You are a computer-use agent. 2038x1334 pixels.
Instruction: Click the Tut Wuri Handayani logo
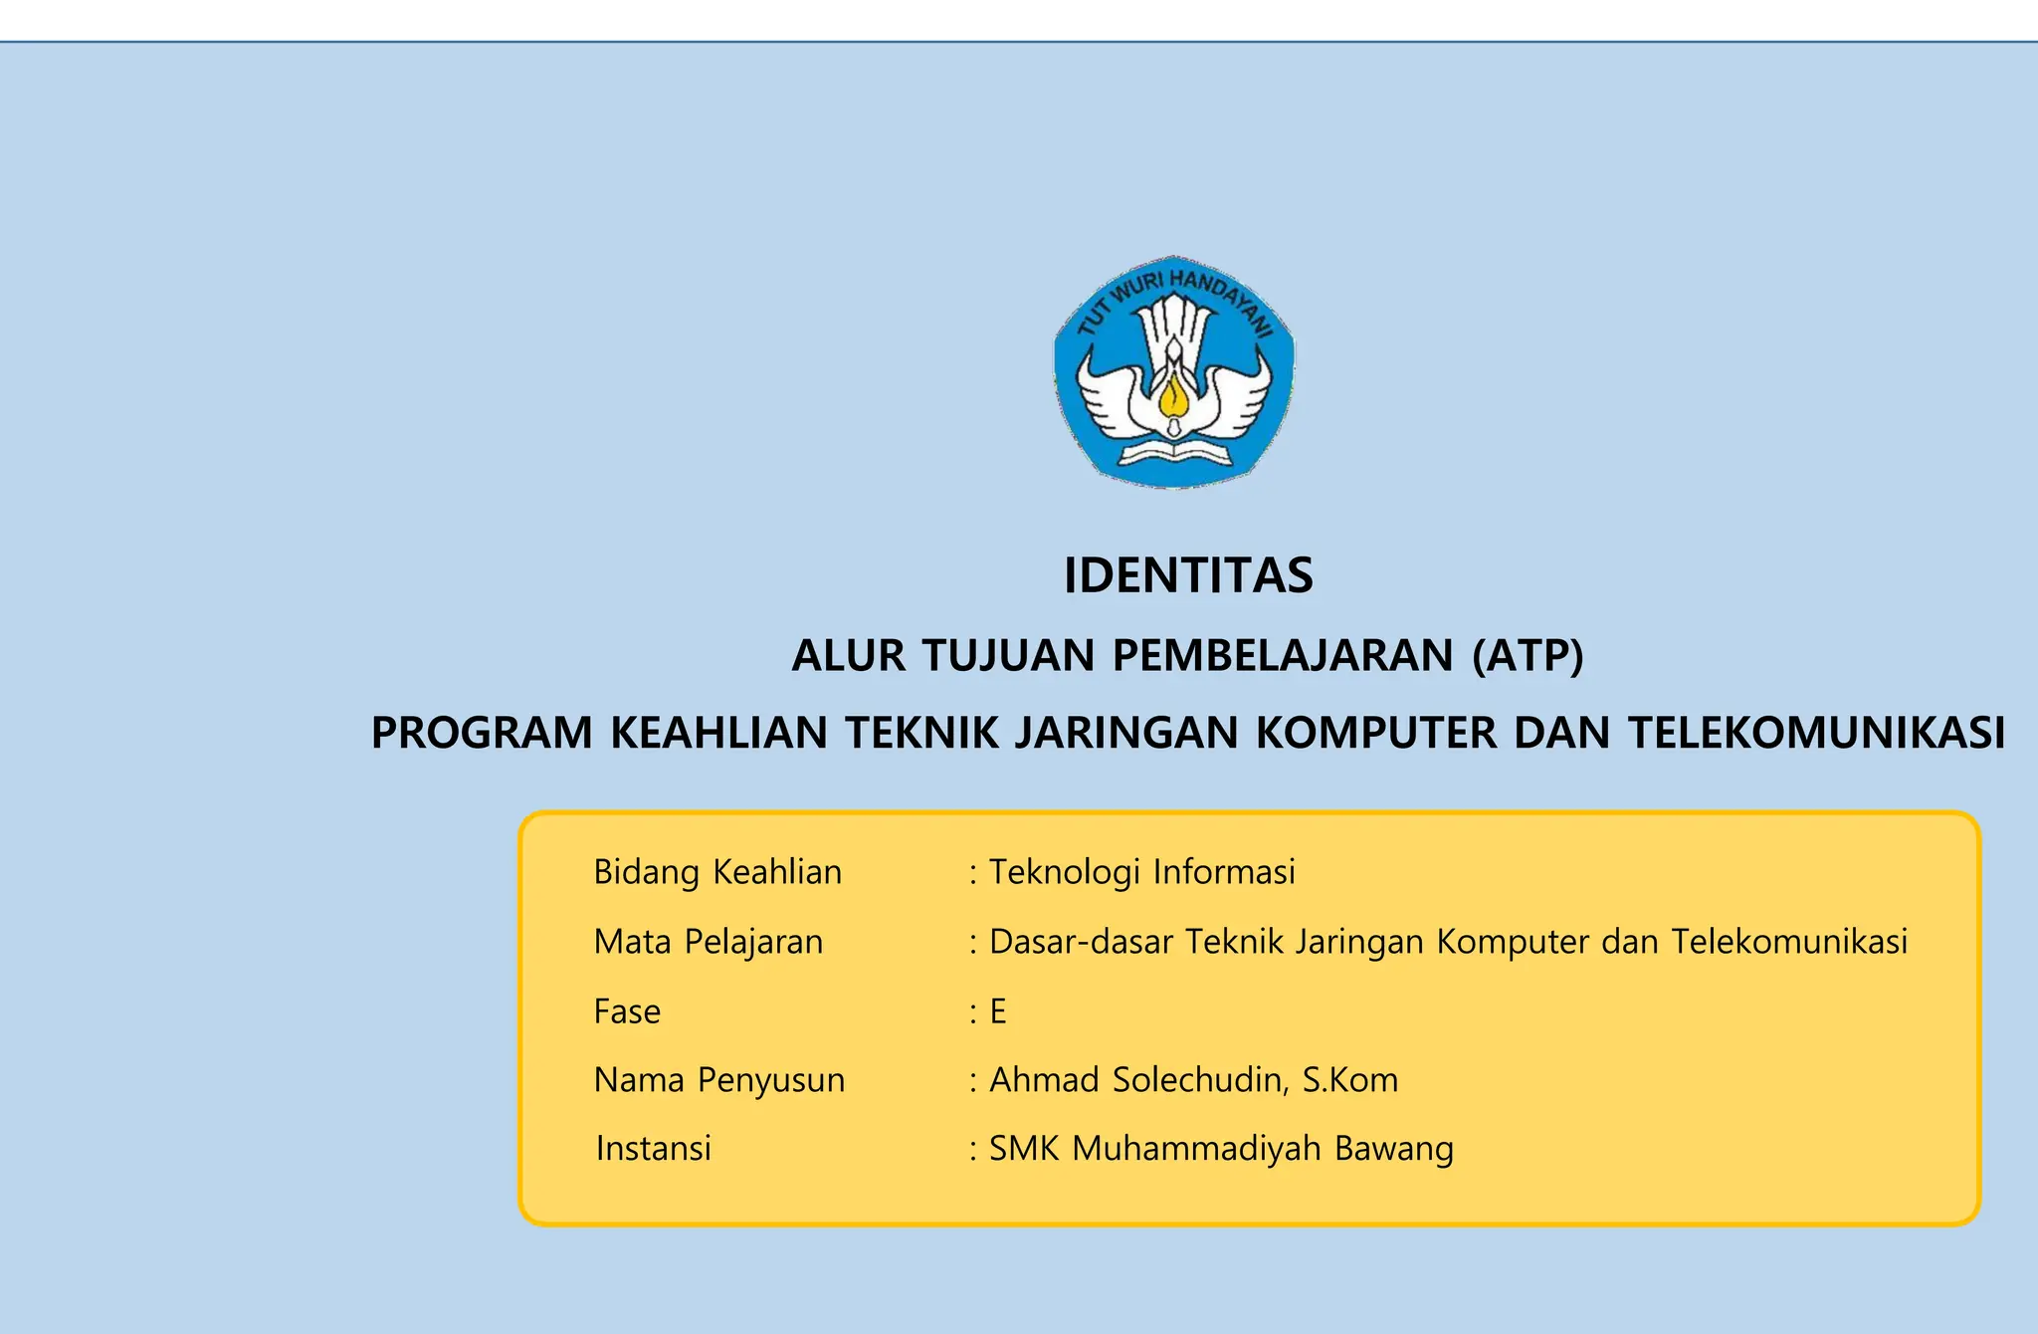point(1174,371)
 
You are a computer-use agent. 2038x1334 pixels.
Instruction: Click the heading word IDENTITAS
point(1188,575)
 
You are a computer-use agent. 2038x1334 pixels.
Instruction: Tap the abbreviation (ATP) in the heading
point(1528,655)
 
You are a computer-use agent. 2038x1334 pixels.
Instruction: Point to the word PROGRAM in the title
point(482,733)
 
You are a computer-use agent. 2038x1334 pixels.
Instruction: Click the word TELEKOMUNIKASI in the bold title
point(1816,733)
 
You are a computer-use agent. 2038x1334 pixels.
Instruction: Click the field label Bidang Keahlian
point(717,872)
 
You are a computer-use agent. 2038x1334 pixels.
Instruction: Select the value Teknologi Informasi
point(1142,872)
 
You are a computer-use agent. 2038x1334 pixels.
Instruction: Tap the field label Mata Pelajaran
point(709,942)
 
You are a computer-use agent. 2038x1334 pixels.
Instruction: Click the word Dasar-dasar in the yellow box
point(1082,942)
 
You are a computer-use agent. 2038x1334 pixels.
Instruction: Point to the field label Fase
point(627,1011)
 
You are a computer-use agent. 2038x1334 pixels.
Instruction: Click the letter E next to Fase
point(998,1011)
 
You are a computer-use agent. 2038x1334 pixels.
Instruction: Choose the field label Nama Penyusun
point(719,1080)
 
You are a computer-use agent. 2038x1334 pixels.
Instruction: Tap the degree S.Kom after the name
point(1350,1080)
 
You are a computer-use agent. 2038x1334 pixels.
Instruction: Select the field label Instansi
point(654,1149)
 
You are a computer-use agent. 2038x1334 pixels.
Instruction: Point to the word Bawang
point(1394,1149)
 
